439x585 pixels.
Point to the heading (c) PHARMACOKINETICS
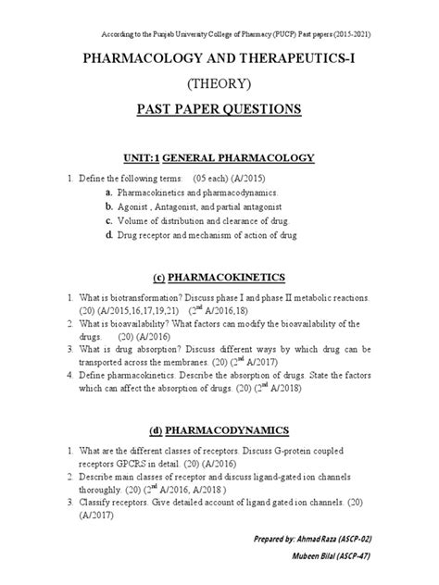point(219,277)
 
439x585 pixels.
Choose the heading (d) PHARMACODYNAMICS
point(219,430)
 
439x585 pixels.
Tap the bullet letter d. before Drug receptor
point(107,237)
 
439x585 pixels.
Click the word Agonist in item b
point(134,207)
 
